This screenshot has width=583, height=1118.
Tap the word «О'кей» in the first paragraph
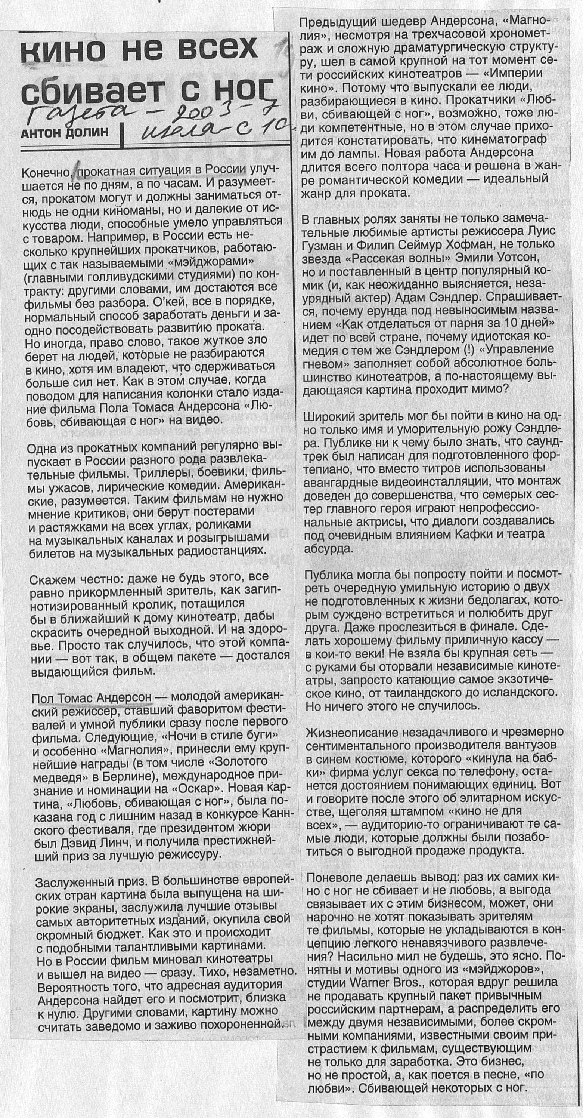pyautogui.click(x=146, y=302)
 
